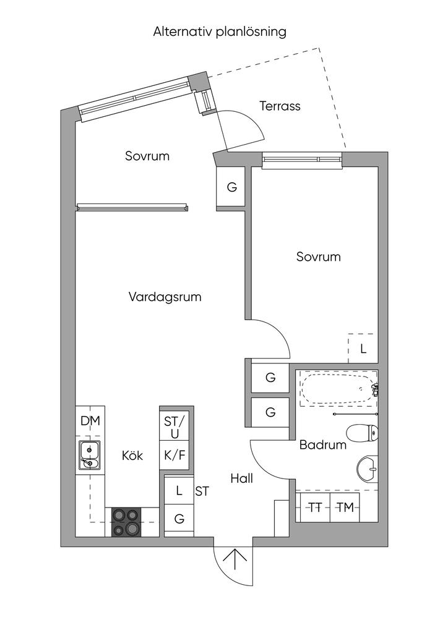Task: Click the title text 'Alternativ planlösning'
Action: tap(219, 32)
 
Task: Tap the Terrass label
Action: tap(280, 106)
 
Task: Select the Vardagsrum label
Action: tap(165, 297)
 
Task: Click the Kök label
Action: tap(132, 456)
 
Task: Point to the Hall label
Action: tap(241, 478)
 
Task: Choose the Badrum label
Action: tap(323, 445)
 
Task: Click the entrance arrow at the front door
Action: tap(235, 560)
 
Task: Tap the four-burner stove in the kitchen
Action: tap(126, 522)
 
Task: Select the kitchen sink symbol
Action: tap(89, 455)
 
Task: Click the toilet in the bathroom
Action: tap(363, 433)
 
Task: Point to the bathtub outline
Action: tap(338, 388)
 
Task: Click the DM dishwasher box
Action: tap(90, 421)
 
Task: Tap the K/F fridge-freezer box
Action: tap(174, 455)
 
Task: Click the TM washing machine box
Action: tap(345, 508)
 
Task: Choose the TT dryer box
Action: tap(316, 508)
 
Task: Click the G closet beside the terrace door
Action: tap(231, 187)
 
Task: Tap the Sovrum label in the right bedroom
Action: tap(318, 257)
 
